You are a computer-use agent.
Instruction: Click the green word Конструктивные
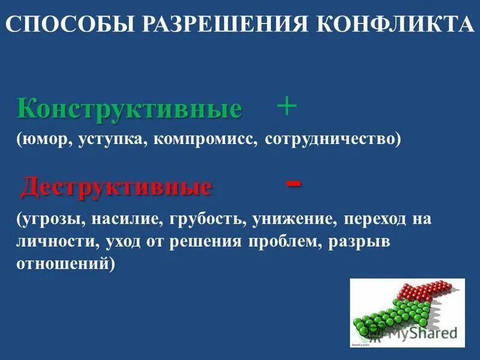click(x=130, y=109)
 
